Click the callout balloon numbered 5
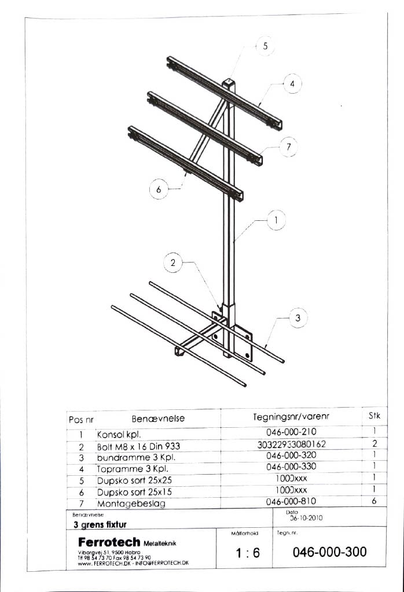click(x=265, y=47)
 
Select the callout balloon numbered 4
click(x=292, y=84)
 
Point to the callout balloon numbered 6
click(x=159, y=189)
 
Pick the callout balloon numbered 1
click(x=277, y=220)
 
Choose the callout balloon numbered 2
click(x=172, y=263)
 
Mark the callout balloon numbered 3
click(x=298, y=318)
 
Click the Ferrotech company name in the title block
click(x=109, y=542)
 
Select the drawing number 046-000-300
click(x=329, y=552)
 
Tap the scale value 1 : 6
click(x=248, y=553)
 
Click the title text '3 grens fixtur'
click(x=100, y=525)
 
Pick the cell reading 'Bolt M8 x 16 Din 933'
click(x=138, y=446)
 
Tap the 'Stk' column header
click(x=374, y=415)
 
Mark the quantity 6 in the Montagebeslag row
click(x=374, y=501)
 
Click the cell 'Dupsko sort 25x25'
click(x=134, y=480)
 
